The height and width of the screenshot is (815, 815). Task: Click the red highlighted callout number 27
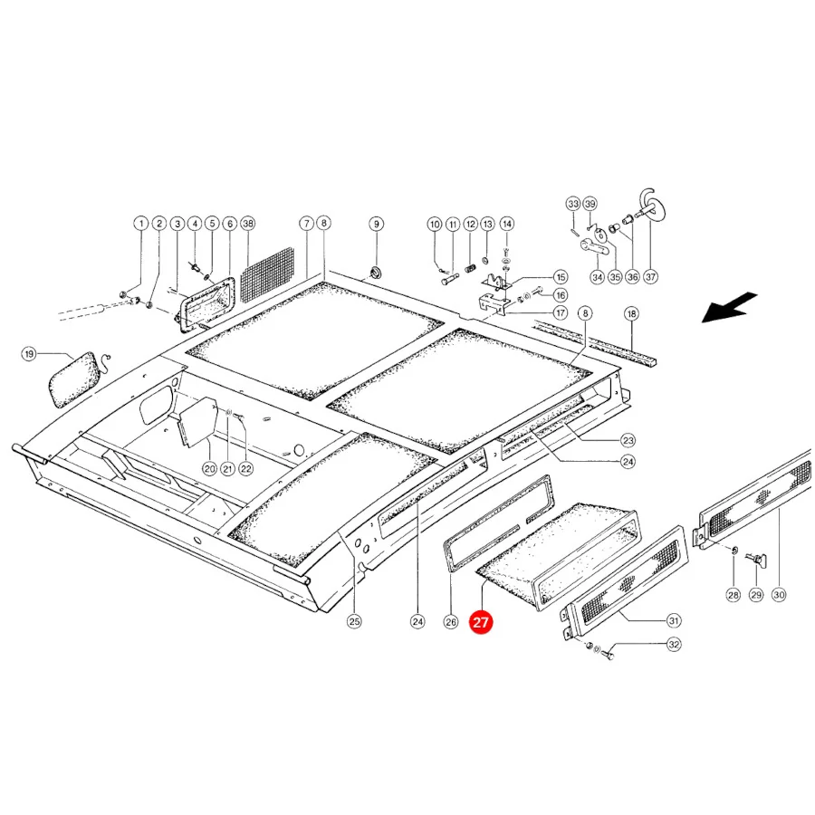tap(480, 622)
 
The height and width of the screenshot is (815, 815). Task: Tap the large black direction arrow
tap(729, 308)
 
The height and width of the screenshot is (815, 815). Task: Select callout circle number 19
tap(29, 354)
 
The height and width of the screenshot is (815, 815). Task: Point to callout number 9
tap(377, 224)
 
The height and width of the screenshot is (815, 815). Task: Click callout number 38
tap(248, 224)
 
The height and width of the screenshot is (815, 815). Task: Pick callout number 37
tap(650, 277)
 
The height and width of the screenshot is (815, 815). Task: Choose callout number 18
tap(631, 314)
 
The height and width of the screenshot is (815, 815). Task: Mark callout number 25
tap(354, 621)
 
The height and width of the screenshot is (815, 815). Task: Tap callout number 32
tap(674, 645)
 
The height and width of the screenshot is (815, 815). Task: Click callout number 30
tap(779, 595)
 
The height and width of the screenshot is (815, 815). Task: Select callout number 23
tap(628, 441)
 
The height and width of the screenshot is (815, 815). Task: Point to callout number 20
tap(209, 469)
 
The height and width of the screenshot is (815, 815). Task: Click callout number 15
tap(561, 277)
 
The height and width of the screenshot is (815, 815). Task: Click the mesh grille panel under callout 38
tap(267, 275)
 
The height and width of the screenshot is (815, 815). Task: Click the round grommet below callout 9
tap(374, 273)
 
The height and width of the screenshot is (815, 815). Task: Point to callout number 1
tap(141, 224)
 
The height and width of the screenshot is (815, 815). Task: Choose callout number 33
tap(573, 204)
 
